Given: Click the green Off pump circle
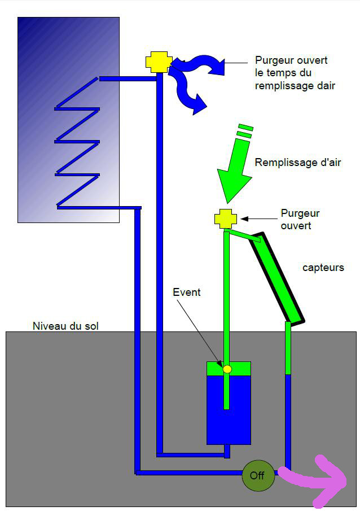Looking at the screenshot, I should pos(257,475).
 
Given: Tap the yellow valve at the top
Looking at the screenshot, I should pos(159,62).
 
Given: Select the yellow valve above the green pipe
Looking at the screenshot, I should pos(226,219).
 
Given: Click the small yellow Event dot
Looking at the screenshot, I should pos(227,369).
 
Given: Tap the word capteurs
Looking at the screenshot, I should pos(323,268).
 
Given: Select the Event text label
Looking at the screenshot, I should pos(186,292).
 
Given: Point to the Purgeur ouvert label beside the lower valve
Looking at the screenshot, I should pos(300,219).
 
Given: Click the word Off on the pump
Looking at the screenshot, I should pos(257,475).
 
